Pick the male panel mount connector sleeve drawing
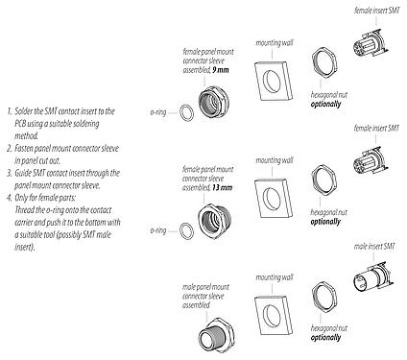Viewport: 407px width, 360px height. pos(213,330)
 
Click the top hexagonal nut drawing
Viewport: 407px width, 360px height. pos(323,66)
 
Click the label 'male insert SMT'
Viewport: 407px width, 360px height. pos(374,247)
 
